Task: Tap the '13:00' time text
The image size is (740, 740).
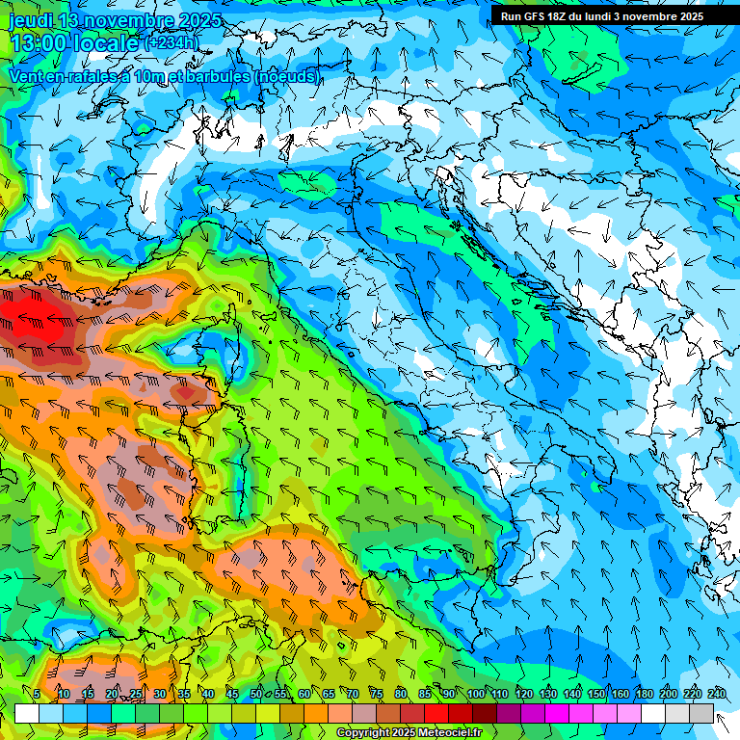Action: coord(39,43)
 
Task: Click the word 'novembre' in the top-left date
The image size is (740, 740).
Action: coord(130,20)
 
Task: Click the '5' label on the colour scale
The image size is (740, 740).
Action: coord(37,694)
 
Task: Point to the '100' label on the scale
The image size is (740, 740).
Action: coord(476,694)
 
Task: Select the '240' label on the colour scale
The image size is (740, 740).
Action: coord(717,694)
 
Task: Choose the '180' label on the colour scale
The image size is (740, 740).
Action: coord(644,694)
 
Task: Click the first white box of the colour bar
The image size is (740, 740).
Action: coord(27,713)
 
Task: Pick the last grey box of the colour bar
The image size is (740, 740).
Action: coord(701,713)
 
